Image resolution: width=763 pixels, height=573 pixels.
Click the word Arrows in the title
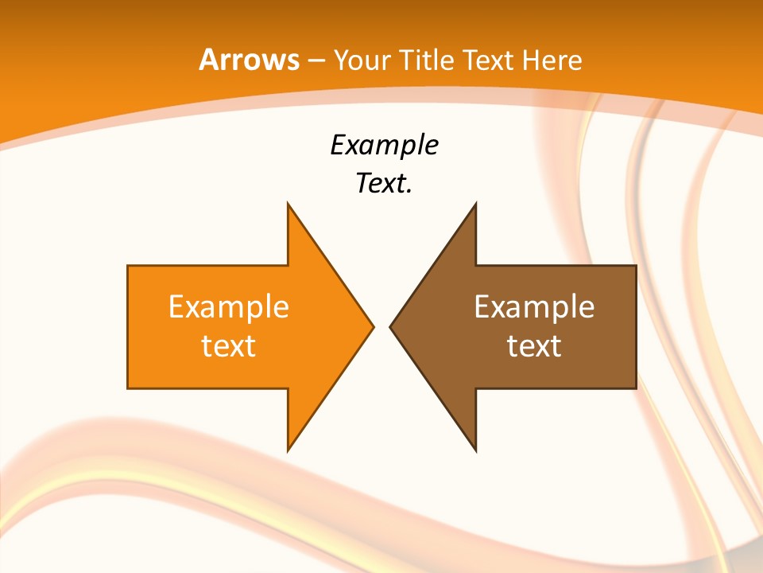(248, 60)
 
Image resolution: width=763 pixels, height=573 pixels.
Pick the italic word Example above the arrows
(384, 146)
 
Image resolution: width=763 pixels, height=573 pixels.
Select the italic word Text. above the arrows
(384, 183)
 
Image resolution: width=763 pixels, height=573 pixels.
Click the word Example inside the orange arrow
(229, 306)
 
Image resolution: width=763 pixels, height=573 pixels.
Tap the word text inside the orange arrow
(229, 345)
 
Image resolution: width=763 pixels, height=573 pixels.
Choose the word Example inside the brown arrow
(534, 306)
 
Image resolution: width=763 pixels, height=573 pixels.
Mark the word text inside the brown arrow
(534, 345)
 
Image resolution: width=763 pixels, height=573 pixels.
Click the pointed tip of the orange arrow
(373, 326)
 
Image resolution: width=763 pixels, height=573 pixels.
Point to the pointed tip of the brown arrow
(390, 326)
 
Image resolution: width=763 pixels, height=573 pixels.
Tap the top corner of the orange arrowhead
(288, 205)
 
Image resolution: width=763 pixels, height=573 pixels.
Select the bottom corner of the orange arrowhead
(288, 450)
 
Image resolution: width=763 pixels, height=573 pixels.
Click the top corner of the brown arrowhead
(475, 205)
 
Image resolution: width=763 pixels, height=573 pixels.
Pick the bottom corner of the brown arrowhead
(475, 450)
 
